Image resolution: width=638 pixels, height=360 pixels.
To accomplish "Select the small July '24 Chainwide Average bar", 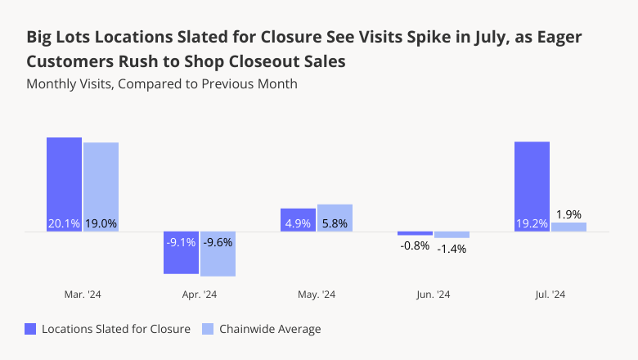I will coord(568,227).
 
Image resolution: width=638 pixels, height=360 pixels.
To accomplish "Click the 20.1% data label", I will coord(64,223).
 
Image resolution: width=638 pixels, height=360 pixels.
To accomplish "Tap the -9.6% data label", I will coord(218,242).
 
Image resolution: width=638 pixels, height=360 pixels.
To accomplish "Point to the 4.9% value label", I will coord(298,223).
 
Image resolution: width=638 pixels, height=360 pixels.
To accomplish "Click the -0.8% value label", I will coord(415,245).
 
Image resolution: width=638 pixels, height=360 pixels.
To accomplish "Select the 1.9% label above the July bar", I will coord(568,214).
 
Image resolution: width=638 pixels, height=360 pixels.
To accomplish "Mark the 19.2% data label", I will coord(532,223).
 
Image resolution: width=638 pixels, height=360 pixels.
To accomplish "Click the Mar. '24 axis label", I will coord(82,295).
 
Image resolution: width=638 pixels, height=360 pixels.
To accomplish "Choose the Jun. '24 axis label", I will coord(433,295).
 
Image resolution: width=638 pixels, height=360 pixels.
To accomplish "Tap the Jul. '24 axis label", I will coord(550,295).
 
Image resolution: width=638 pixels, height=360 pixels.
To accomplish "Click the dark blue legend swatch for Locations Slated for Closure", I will coord(31,329).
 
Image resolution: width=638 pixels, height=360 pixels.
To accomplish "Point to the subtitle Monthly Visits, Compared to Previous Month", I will coord(161,83).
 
